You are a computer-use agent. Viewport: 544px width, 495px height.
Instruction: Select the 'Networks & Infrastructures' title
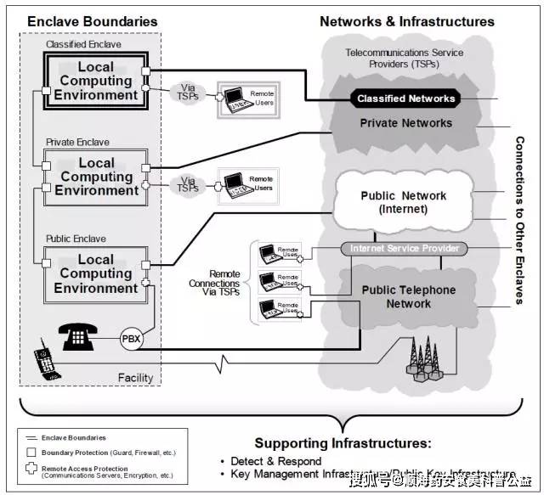406,21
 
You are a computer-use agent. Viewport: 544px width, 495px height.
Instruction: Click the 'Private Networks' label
405,123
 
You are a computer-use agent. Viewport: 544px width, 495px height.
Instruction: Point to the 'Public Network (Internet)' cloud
402,202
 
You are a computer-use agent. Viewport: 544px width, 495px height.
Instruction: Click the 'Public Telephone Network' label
408,296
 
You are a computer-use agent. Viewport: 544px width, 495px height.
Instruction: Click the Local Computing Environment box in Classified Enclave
95,82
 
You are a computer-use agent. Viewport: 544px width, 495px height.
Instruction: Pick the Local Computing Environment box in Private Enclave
96,177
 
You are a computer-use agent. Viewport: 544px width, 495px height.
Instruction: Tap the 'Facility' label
134,378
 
